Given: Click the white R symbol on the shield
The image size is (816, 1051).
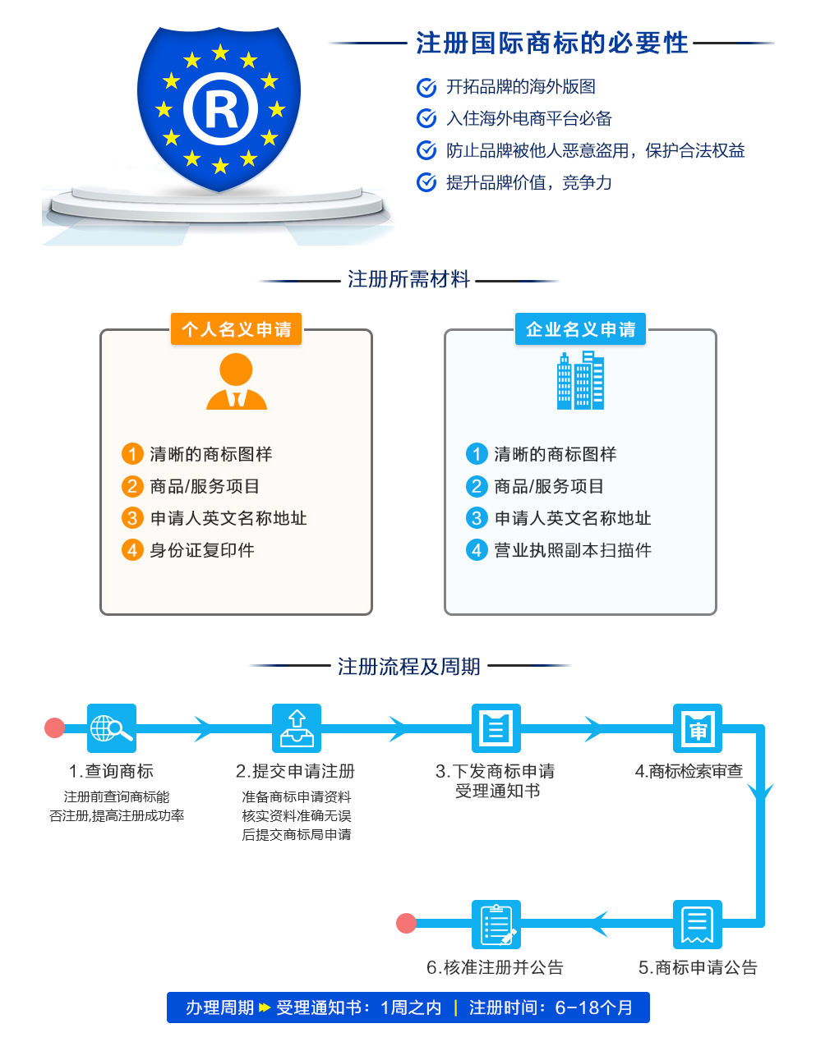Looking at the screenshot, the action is pyautogui.click(x=220, y=109).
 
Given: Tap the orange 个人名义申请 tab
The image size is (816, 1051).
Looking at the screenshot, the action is pyautogui.click(x=236, y=329).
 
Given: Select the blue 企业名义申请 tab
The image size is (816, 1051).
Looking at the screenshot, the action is pyautogui.click(x=580, y=329).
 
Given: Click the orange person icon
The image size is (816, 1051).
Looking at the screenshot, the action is pyautogui.click(x=236, y=381).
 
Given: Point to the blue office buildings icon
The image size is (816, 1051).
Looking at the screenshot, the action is pyautogui.click(x=580, y=380).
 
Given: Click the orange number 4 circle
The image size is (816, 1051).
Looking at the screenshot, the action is pyautogui.click(x=132, y=550).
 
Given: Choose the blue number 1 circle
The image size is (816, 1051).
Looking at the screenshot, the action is pyautogui.click(x=477, y=454).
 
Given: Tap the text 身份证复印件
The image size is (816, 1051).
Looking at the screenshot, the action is pyautogui.click(x=202, y=550).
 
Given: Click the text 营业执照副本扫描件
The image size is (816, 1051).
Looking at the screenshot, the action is pyautogui.click(x=573, y=550).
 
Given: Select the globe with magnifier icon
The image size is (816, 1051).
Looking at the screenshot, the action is pyautogui.click(x=111, y=728).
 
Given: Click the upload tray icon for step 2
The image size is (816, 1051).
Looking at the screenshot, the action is pyautogui.click(x=296, y=728).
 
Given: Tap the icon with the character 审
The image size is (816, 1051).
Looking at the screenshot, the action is pyautogui.click(x=698, y=728).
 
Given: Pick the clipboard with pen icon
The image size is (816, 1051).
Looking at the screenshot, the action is pyautogui.click(x=496, y=925).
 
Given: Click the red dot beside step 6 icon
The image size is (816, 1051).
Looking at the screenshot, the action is pyautogui.click(x=406, y=923).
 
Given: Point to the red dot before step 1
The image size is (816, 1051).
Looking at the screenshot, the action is pyautogui.click(x=55, y=727).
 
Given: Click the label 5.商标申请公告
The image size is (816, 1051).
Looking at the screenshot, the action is pyautogui.click(x=698, y=967).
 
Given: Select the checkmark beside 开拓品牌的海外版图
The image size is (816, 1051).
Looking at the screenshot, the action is pyautogui.click(x=426, y=87).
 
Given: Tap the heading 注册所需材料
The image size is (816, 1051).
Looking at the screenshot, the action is pyautogui.click(x=408, y=279).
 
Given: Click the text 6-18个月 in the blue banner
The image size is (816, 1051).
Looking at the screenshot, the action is pyautogui.click(x=593, y=1008).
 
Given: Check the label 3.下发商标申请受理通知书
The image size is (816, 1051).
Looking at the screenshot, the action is pyautogui.click(x=496, y=781).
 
